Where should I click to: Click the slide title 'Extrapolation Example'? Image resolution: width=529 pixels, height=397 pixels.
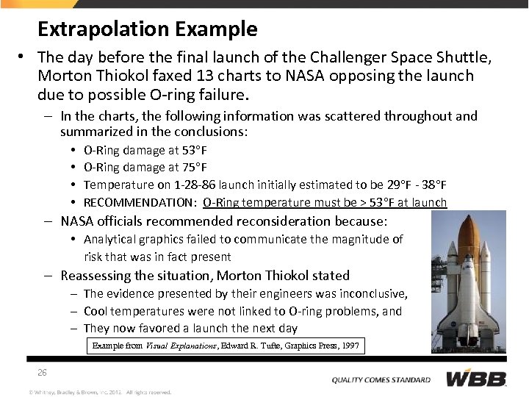click(147, 29)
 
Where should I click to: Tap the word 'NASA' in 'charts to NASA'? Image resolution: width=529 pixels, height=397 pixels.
click(308, 76)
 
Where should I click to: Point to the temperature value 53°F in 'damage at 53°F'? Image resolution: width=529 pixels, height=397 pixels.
click(194, 150)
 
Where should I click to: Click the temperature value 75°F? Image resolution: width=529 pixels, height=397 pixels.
click(194, 168)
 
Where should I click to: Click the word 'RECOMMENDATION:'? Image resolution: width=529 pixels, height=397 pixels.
click(140, 203)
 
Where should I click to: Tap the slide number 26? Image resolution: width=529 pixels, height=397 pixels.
click(43, 372)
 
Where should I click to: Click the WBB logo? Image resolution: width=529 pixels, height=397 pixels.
click(476, 379)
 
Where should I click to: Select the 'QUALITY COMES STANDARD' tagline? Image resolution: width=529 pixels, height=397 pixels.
click(381, 380)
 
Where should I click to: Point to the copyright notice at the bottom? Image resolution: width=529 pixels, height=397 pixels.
click(100, 392)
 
